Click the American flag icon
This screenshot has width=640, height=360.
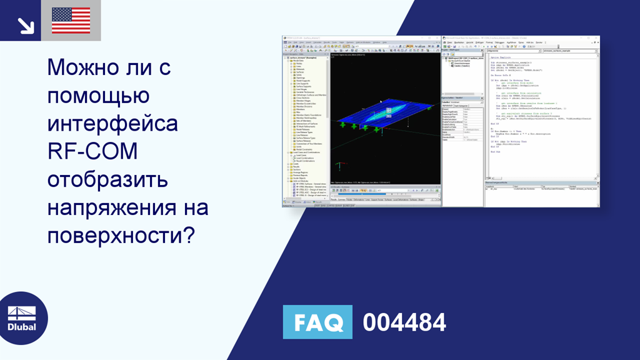click(x=71, y=21)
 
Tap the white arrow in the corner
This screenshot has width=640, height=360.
click(x=26, y=24)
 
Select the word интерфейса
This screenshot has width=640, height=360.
click(x=113, y=124)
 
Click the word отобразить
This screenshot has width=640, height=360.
click(x=108, y=180)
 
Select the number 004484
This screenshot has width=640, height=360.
click(x=404, y=322)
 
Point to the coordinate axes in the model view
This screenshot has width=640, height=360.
click(x=339, y=166)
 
